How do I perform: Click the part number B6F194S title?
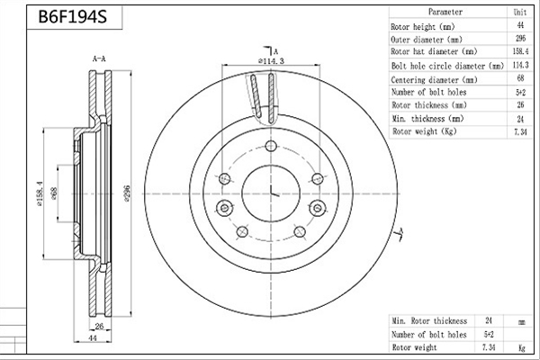(73, 16)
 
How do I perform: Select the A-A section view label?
(99, 58)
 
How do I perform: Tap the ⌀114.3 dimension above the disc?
(272, 61)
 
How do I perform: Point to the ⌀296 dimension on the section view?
(127, 193)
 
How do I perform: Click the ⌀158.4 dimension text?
(40, 193)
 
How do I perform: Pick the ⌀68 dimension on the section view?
(54, 193)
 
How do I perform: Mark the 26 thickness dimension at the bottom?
(99, 326)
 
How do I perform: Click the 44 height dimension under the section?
(93, 338)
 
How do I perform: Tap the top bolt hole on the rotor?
(271, 146)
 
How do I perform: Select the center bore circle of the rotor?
(271, 165)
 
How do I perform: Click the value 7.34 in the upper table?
(520, 132)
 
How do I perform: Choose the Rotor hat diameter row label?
(434, 51)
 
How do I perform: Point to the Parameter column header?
(445, 12)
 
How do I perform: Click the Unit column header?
(520, 12)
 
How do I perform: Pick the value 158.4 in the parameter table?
(520, 51)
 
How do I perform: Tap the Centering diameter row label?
(434, 80)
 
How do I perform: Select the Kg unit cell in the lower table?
(522, 348)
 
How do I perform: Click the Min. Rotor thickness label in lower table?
(429, 321)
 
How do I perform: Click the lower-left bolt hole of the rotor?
(242, 231)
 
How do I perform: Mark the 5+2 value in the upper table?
(520, 93)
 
